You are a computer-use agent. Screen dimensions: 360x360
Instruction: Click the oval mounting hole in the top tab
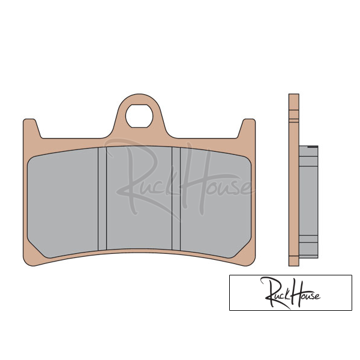[139, 116]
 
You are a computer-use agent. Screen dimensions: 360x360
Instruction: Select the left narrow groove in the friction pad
[102, 199]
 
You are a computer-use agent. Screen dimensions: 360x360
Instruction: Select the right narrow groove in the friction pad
[176, 199]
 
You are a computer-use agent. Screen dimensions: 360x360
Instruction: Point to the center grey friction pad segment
[139, 197]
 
